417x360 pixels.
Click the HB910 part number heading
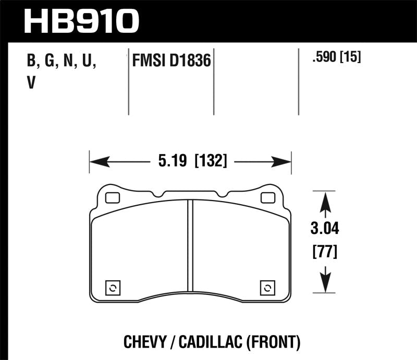[x=82, y=21]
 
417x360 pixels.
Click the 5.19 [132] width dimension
[x=190, y=162]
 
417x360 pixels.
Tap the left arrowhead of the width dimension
[x=100, y=162]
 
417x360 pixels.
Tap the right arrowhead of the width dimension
[x=281, y=162]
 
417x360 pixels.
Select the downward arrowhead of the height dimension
[x=325, y=283]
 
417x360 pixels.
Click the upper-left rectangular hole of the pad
[x=112, y=198]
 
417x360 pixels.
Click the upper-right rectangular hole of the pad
[x=268, y=198]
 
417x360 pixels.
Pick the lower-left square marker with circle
[x=113, y=288]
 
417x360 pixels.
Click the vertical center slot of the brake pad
[x=190, y=250]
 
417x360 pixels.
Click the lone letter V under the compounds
[x=31, y=83]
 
